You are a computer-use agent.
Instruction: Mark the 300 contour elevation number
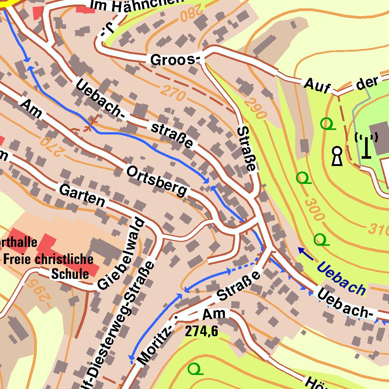[x=315, y=209]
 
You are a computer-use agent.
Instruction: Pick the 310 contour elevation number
[x=378, y=229]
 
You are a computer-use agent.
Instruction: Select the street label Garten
[x=82, y=195]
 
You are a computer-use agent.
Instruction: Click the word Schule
[x=70, y=274]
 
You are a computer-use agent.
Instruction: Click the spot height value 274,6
[x=202, y=332]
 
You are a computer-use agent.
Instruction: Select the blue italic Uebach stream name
[x=341, y=278]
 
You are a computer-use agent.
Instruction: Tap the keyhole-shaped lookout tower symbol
[x=337, y=157]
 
